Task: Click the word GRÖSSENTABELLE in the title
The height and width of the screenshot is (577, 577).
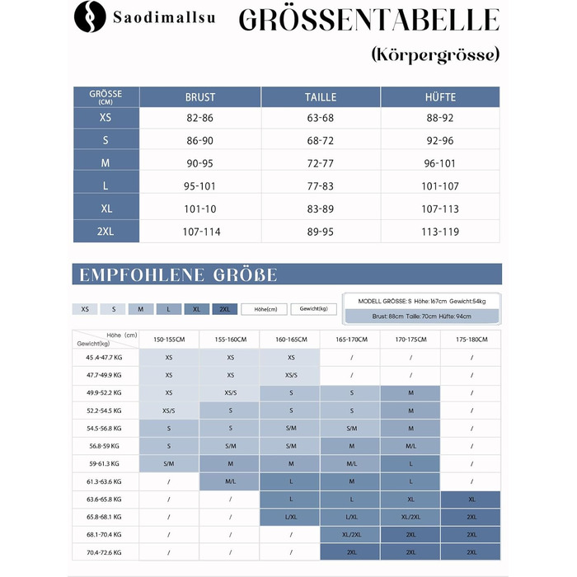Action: click(x=368, y=21)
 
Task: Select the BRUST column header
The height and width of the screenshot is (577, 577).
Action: click(x=200, y=97)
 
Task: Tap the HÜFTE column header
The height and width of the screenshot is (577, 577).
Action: click(x=440, y=97)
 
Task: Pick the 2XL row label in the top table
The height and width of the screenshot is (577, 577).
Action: click(x=106, y=232)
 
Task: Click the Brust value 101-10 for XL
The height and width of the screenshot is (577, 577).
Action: click(x=200, y=209)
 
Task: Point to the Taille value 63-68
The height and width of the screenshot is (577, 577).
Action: click(x=320, y=118)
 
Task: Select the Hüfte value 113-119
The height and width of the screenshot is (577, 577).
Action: click(x=440, y=232)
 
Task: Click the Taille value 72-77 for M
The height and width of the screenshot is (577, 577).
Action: click(x=320, y=163)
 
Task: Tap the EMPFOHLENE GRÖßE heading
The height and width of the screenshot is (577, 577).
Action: click(x=178, y=274)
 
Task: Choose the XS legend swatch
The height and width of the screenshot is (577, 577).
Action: click(x=85, y=309)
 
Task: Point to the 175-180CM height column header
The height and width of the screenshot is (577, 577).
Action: click(x=471, y=340)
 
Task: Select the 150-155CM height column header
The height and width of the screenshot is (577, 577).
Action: click(x=169, y=340)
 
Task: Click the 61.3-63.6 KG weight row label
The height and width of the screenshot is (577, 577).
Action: click(x=106, y=481)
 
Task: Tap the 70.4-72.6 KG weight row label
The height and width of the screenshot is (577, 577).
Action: click(x=106, y=552)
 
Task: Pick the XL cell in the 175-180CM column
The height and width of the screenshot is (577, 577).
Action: click(x=471, y=500)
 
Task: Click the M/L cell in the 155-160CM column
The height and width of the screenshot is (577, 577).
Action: click(x=229, y=481)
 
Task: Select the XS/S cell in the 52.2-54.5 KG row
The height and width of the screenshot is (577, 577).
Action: click(x=169, y=410)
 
